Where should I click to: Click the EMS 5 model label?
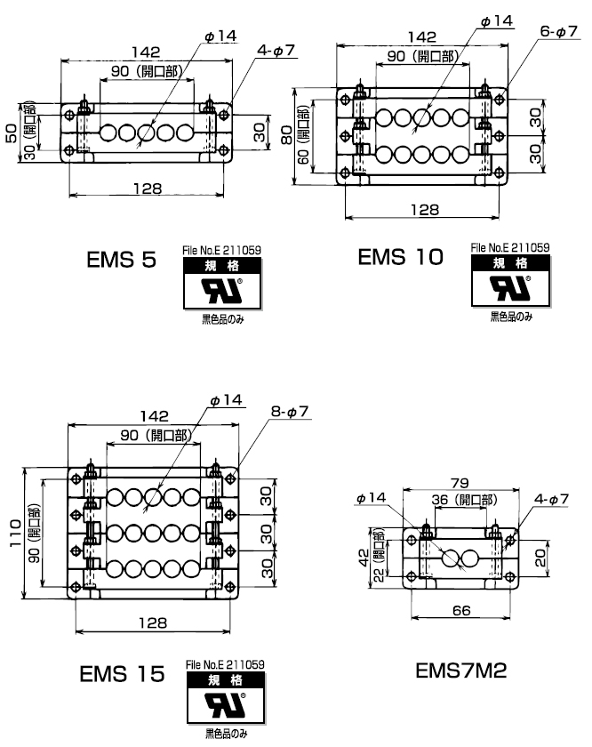click(x=122, y=261)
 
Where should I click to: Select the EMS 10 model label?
click(x=400, y=258)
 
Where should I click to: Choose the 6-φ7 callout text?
click(x=559, y=31)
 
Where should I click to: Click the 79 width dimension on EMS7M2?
click(x=457, y=483)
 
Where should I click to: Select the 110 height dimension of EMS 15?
click(x=16, y=534)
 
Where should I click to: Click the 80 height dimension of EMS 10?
click(x=288, y=134)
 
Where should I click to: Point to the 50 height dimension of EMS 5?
click(x=12, y=133)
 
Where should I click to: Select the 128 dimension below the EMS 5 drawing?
click(x=147, y=189)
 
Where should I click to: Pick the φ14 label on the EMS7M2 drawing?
click(x=371, y=498)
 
